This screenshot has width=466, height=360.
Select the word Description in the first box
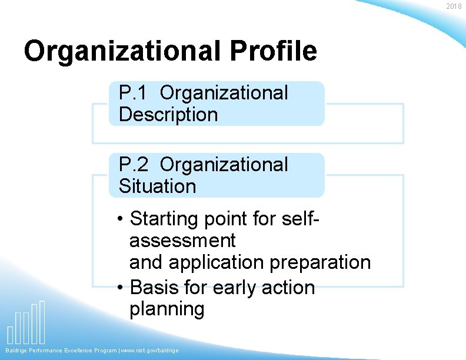point(168,114)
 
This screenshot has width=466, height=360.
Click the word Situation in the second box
point(157,186)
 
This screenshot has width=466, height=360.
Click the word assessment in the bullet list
point(182,240)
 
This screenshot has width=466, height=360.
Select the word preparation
point(320,262)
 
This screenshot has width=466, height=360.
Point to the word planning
point(167,309)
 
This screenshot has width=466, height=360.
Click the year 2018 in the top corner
point(454,6)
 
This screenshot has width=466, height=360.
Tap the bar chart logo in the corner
point(26,323)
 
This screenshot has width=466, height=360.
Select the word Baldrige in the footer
point(18,351)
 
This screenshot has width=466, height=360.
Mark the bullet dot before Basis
point(120,288)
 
